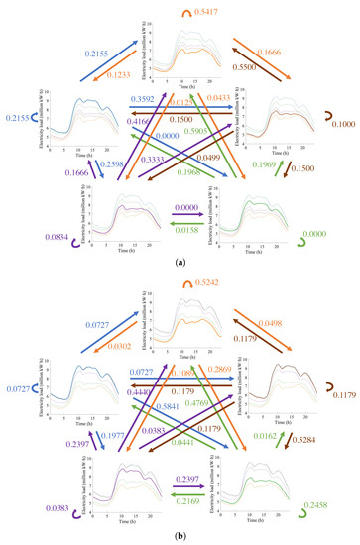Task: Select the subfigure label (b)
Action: point(180,536)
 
